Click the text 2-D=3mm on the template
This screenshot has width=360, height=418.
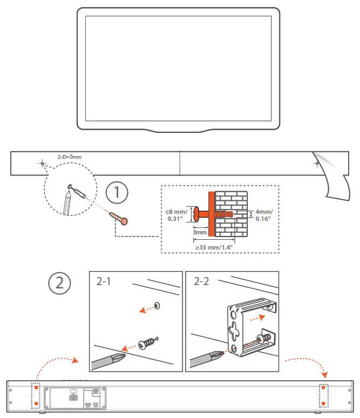69,157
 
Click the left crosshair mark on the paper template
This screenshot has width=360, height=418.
42,162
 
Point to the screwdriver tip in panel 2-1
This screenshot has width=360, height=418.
121,355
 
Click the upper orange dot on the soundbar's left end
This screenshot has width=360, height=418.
36,388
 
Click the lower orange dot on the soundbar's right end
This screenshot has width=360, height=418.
323,403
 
